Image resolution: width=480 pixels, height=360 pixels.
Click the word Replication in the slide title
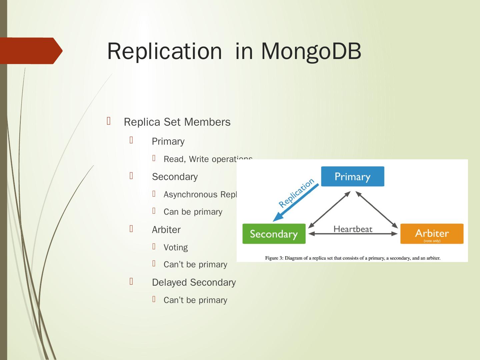(164, 51)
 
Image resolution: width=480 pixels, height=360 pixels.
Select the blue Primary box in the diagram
(352, 176)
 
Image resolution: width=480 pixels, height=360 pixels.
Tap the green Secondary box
(274, 234)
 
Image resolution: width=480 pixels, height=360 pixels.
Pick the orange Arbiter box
(432, 233)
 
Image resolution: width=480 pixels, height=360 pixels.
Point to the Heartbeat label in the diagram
(353, 229)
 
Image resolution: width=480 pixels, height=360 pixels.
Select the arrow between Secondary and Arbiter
(353, 234)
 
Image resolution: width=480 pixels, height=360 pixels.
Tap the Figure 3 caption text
(353, 258)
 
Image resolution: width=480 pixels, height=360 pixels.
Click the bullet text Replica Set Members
(177, 122)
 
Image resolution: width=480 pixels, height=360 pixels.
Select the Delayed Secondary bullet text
(194, 282)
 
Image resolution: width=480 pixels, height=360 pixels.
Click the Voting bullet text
(176, 247)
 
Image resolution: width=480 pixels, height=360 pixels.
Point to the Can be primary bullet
(193, 212)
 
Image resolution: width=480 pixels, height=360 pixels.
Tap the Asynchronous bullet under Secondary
(200, 195)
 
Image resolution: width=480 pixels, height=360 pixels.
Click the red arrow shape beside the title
(32, 51)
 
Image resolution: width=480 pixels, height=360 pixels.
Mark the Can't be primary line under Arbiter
(195, 265)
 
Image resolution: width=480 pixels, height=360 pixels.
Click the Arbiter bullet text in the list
(166, 230)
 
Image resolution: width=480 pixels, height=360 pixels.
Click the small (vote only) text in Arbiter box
(432, 241)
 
